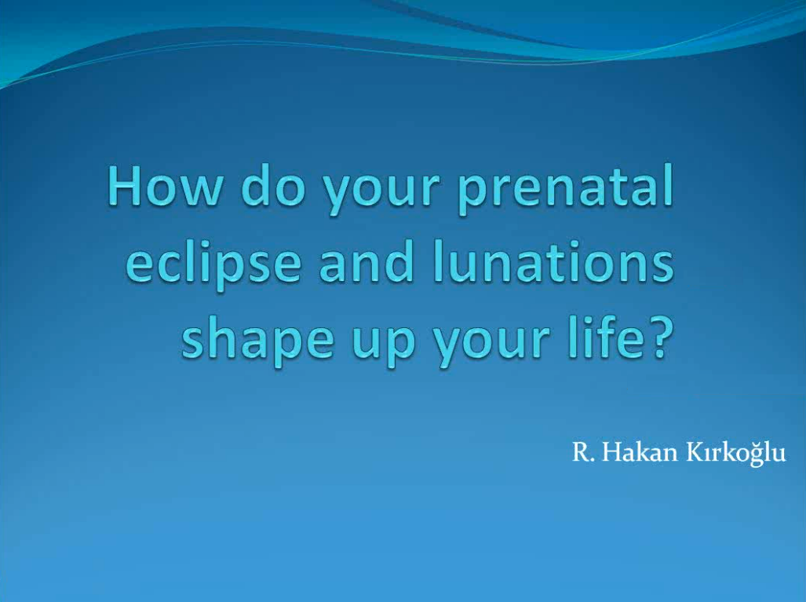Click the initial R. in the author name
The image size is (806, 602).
pos(582,454)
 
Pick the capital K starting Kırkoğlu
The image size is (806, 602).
pos(695,454)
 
